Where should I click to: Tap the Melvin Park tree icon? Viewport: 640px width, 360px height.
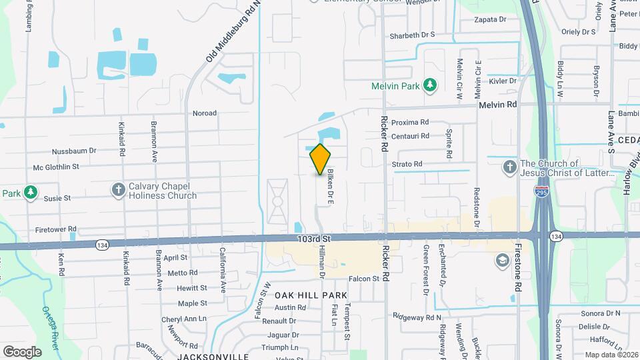pos(431,85)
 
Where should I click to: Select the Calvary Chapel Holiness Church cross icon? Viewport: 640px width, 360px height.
pos(119,190)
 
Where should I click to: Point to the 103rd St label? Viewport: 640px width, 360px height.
pos(315,238)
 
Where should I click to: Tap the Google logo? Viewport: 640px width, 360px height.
pos(23,351)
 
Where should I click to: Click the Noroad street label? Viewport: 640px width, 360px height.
pos(205,113)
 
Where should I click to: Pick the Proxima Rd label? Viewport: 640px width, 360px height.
pos(410,123)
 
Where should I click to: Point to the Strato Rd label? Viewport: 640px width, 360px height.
pos(407,164)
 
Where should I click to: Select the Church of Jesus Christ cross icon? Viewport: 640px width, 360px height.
pos(510,167)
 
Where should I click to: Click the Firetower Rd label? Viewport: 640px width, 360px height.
pos(53,229)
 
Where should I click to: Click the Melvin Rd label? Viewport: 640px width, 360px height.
pos(497,105)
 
